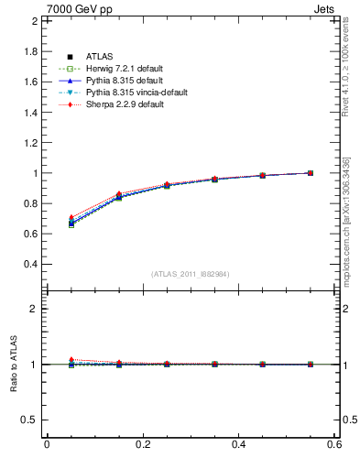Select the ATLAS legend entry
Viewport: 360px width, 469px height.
pyautogui.click(x=98, y=57)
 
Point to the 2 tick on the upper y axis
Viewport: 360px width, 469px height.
pyautogui.click(x=33, y=21)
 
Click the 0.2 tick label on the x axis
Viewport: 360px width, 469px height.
pyautogui.click(x=142, y=444)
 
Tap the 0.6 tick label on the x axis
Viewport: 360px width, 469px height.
pyautogui.click(x=334, y=444)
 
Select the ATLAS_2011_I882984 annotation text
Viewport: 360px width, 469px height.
pyautogui.click(x=189, y=274)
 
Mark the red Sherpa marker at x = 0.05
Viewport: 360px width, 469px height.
pyautogui.click(x=71, y=218)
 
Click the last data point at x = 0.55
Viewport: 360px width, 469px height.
pyautogui.click(x=311, y=172)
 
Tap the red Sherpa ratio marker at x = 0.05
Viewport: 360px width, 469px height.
pyautogui.click(x=71, y=360)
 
